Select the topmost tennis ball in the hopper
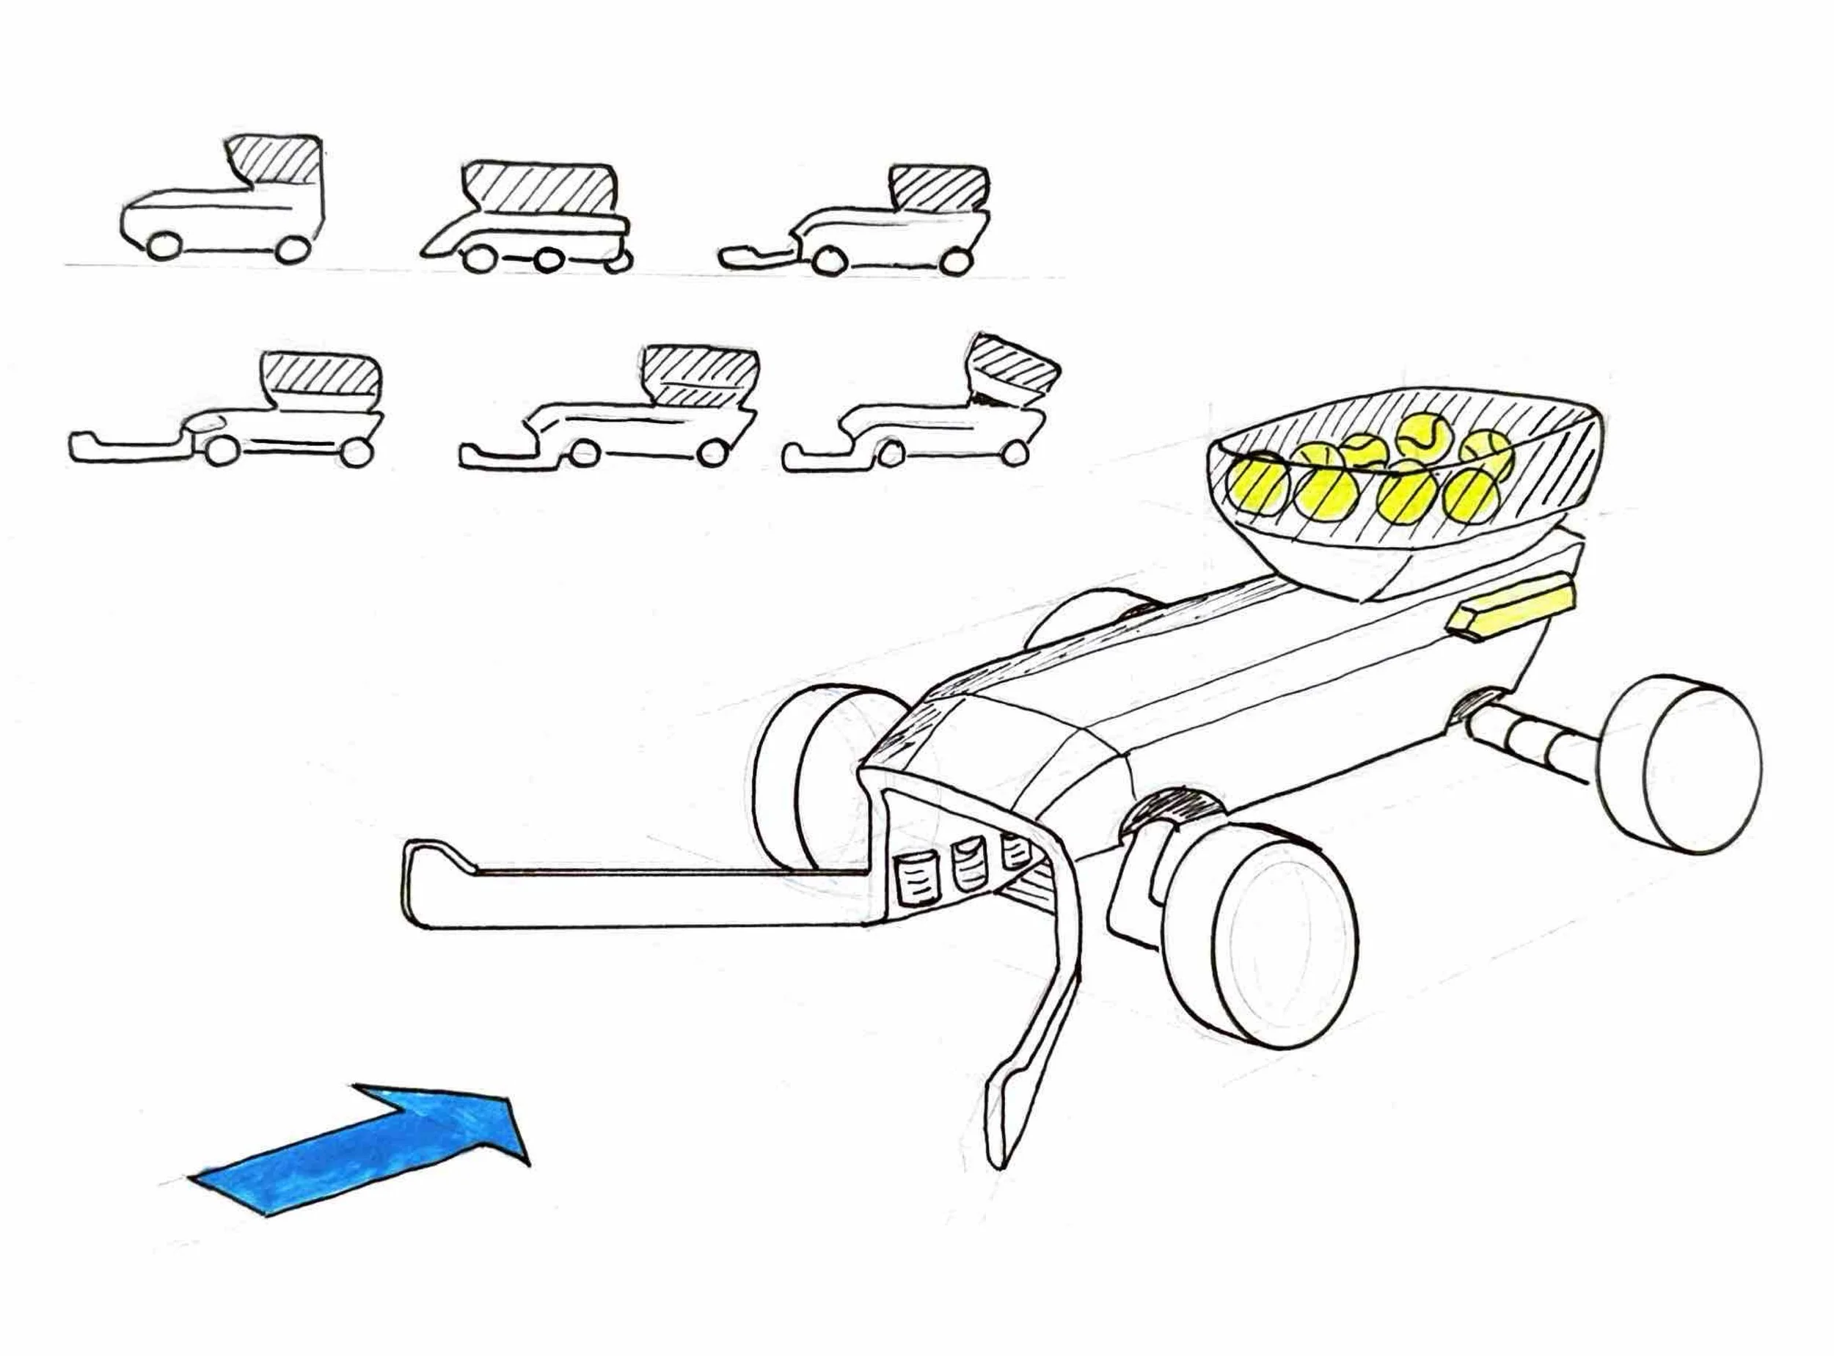coord(1421,435)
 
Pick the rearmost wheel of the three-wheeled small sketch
coord(618,261)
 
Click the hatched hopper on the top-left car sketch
coord(277,161)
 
